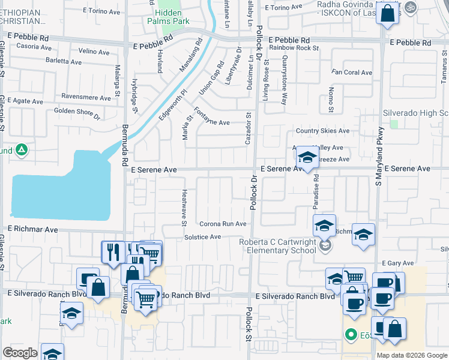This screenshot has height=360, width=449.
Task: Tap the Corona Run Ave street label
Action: [223, 224]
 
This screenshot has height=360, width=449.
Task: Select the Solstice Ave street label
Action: [203, 237]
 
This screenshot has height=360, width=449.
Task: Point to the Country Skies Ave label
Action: [322, 131]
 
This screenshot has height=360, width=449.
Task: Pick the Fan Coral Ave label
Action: [352, 73]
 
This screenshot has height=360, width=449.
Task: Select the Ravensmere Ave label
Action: [86, 97]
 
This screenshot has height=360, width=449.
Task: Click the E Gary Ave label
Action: [398, 263]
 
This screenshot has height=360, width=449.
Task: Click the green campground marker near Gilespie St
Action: [22, 150]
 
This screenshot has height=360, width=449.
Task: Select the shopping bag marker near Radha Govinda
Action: [388, 13]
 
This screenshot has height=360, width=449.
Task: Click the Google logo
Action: [20, 353]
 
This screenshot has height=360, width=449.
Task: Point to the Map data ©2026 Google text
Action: [411, 355]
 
